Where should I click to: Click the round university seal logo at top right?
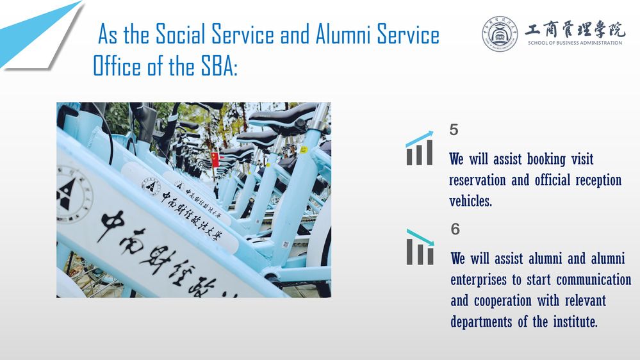500,34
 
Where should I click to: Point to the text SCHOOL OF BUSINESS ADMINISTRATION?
575,43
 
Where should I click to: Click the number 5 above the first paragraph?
454,130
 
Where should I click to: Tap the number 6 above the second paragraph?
455,229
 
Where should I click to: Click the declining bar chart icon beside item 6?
420,247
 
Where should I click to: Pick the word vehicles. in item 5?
470,200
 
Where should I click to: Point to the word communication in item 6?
594,279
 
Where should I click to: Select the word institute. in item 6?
575,322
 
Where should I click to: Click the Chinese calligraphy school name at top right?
575,29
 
